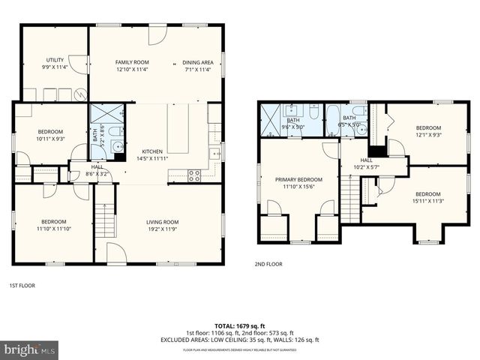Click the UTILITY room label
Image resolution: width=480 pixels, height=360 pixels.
(x=55, y=59)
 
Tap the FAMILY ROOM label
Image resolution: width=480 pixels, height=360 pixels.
(x=132, y=62)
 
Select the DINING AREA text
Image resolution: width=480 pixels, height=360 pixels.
(x=198, y=62)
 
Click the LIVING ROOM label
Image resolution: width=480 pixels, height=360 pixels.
(x=161, y=222)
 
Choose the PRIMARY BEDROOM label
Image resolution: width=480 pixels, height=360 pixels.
(x=298, y=180)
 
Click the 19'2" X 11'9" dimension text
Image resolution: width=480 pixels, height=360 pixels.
(x=161, y=229)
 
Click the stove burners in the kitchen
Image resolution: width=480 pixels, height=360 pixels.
(x=194, y=176)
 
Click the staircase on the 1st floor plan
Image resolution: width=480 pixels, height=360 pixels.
(x=105, y=220)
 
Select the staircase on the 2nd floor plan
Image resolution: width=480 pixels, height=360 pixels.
(x=350, y=198)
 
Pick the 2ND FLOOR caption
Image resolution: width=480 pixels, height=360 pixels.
(x=269, y=264)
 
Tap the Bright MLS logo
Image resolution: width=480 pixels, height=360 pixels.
(x=30, y=349)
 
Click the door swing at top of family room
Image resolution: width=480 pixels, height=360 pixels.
(x=157, y=34)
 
